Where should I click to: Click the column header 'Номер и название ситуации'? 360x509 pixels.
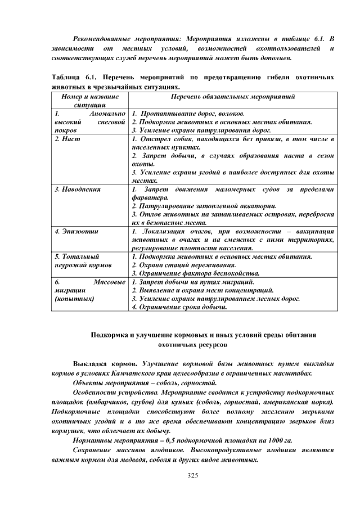click(90, 101)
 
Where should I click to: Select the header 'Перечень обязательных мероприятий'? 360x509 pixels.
click(233, 97)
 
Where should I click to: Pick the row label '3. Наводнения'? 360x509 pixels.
click(78, 190)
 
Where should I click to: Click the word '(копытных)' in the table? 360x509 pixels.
click(74, 299)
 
